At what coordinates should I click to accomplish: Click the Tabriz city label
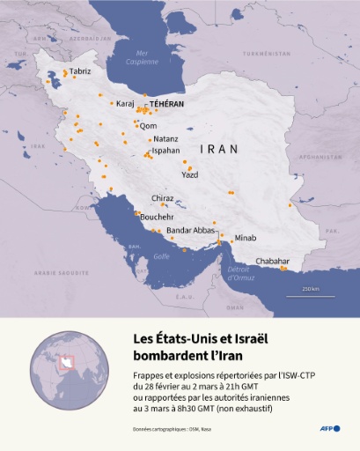80,70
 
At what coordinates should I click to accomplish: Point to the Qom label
148,126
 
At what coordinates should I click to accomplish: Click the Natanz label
165,139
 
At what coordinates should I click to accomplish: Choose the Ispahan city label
166,151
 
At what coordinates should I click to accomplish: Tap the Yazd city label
189,174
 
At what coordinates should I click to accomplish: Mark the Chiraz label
163,199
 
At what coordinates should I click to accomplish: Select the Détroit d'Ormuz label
239,273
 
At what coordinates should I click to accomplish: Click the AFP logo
331,428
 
